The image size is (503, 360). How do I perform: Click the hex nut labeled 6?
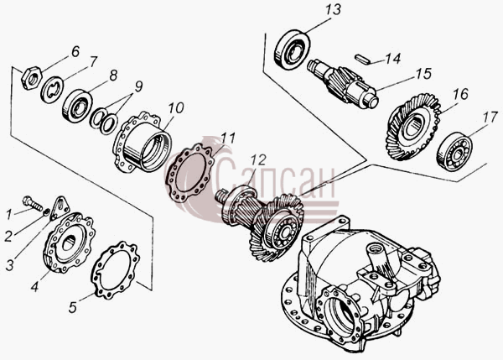tap(31, 78)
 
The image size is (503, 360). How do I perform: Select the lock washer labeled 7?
tap(52, 91)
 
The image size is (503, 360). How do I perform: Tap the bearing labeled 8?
tap(77, 107)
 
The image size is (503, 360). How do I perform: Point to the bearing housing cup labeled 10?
tap(143, 142)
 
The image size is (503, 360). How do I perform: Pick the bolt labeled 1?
tap(33, 204)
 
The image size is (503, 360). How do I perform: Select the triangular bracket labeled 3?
tap(60, 207)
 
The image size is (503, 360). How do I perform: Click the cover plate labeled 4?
tap(69, 244)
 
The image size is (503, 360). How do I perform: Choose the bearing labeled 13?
tap(293, 50)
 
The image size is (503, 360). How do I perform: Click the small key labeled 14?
tap(362, 60)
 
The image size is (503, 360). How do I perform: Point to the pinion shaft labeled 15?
tap(343, 84)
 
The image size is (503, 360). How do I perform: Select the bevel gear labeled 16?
tap(412, 127)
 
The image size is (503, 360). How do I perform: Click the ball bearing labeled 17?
tap(454, 151)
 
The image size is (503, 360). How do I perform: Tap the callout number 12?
tap(258, 160)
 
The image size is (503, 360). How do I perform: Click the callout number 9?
tap(138, 86)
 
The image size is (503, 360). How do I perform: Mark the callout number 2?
tap(8, 237)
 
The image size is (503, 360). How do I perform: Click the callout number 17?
tap(490, 117)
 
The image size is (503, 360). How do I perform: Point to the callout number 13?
tap(333, 9)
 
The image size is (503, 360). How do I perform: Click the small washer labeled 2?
tap(46, 211)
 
